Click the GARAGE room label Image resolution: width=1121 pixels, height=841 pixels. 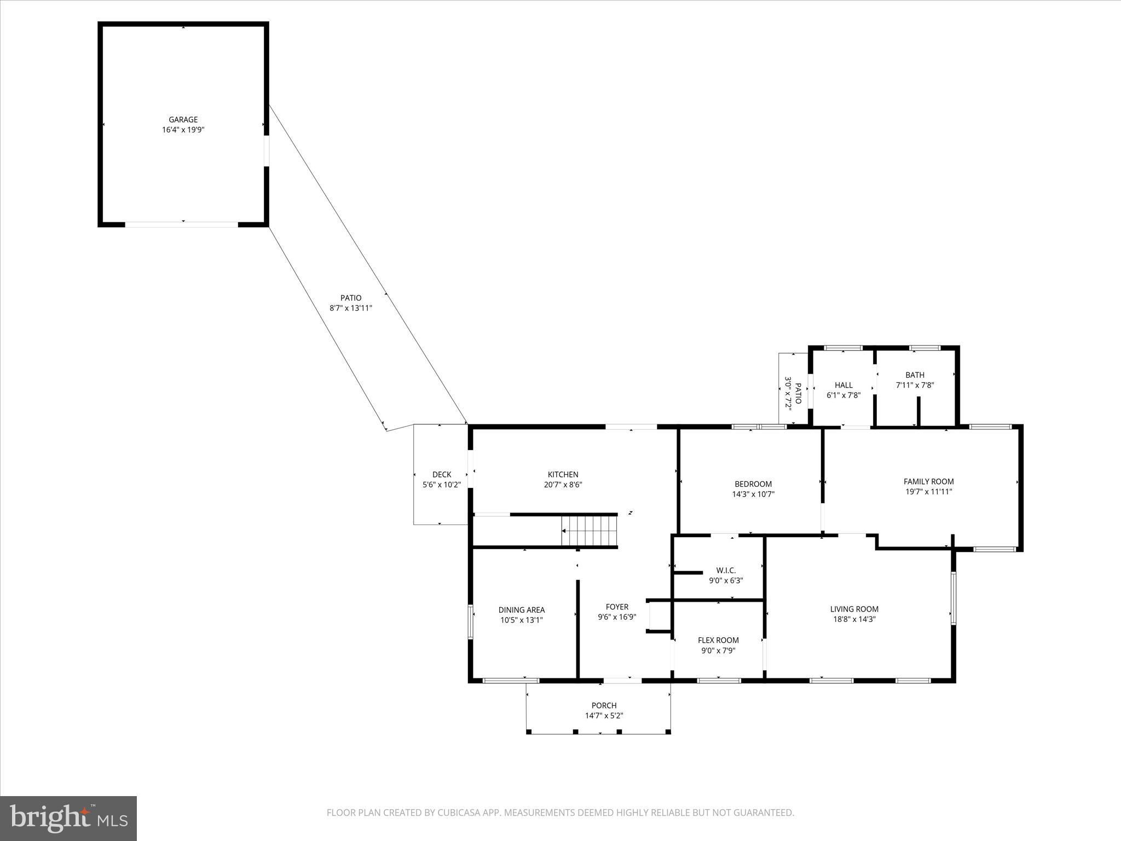click(x=183, y=119)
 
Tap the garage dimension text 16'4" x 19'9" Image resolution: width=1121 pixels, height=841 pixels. click(x=183, y=130)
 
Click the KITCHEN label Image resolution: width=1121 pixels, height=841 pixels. click(x=563, y=474)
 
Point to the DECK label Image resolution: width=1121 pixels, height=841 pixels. click(x=441, y=474)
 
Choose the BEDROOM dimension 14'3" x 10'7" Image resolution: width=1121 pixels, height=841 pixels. click(x=753, y=494)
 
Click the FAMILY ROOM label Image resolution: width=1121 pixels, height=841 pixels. click(x=928, y=481)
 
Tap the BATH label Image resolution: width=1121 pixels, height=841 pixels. click(x=915, y=375)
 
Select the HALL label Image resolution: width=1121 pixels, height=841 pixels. click(x=843, y=385)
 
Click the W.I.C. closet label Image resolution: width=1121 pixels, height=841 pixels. click(x=726, y=570)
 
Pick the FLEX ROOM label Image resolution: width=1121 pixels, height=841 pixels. click(x=718, y=640)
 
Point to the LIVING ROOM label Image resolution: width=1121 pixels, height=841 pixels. click(x=854, y=608)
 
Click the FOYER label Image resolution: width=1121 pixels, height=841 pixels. click(x=617, y=606)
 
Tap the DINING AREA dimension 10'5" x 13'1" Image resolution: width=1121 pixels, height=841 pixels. click(x=521, y=620)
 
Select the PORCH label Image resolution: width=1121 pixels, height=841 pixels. click(x=604, y=705)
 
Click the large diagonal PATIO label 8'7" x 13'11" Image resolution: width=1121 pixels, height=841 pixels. click(x=351, y=303)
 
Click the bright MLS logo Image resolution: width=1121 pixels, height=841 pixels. click(x=68, y=818)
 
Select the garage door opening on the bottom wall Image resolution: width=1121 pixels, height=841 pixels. click(x=182, y=224)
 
